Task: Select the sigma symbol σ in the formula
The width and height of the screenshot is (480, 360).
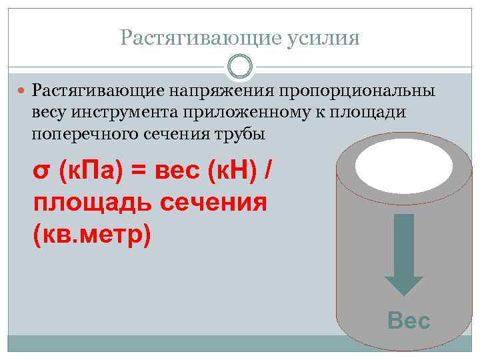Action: tap(41, 171)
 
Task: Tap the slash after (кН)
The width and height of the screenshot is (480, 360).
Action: tap(268, 171)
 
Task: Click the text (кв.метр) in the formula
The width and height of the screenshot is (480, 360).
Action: tap(92, 235)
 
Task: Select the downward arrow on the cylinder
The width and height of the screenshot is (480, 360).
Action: tap(404, 253)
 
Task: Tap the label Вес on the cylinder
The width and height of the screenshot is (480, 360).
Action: tap(409, 321)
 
